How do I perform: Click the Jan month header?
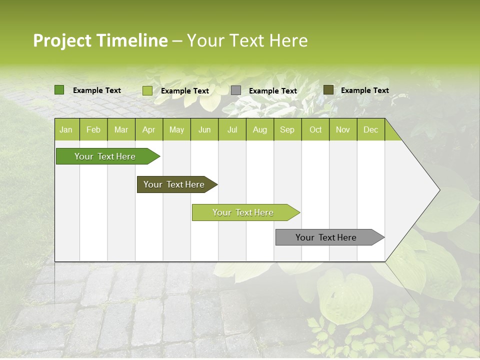point(66,130)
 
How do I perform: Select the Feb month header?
point(93,130)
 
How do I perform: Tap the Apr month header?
point(148,130)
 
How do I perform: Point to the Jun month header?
point(204,130)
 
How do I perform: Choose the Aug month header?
point(259,130)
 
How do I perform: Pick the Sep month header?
point(287,130)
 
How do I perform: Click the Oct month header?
point(315,130)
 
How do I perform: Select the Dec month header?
point(370,130)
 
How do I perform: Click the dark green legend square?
point(59,90)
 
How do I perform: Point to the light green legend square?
point(147,90)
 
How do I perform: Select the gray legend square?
point(236,90)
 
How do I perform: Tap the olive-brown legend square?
point(328,90)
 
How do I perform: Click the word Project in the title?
point(62,40)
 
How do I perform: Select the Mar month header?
point(121,130)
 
